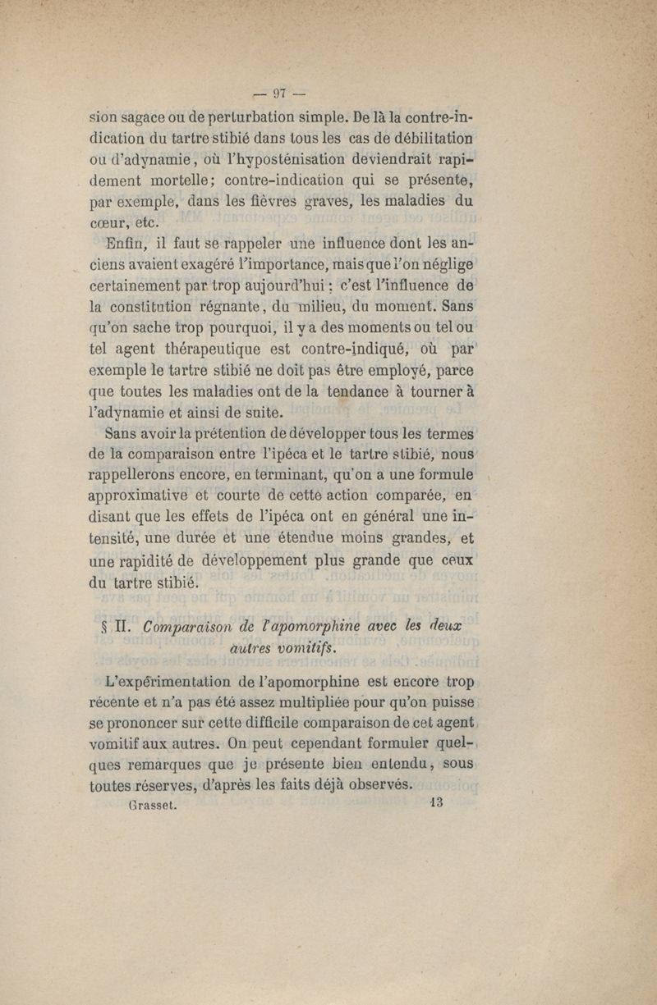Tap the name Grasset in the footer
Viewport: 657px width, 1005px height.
pyautogui.click(x=156, y=805)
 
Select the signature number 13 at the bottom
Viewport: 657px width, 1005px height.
pyautogui.click(x=435, y=803)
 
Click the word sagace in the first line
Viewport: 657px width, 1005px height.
pyautogui.click(x=149, y=113)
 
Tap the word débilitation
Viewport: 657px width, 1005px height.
pyautogui.click(x=428, y=135)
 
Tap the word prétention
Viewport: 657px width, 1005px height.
pyautogui.click(x=244, y=433)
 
